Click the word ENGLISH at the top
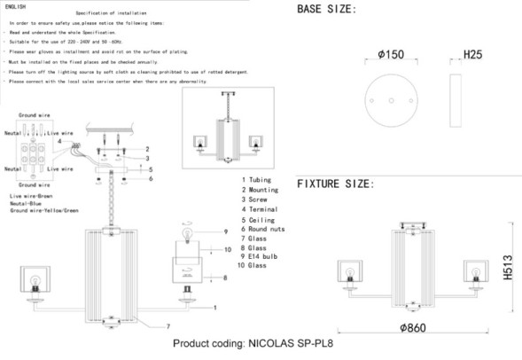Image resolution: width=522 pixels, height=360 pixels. [x=16, y=6]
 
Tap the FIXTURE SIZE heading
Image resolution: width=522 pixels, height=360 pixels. [x=335, y=184]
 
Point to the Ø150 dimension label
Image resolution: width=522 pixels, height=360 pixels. [x=390, y=55]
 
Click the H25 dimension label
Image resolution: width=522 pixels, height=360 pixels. [x=474, y=55]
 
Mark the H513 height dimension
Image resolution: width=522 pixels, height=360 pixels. [x=508, y=264]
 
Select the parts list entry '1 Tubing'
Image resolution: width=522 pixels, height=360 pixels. [x=258, y=180]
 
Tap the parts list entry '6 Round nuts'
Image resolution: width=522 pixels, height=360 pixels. [x=264, y=229]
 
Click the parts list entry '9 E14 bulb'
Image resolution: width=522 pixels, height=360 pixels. [x=261, y=256]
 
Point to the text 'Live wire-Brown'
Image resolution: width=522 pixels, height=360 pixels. [x=33, y=194]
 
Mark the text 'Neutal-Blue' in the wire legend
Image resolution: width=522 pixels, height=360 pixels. [x=27, y=203]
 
